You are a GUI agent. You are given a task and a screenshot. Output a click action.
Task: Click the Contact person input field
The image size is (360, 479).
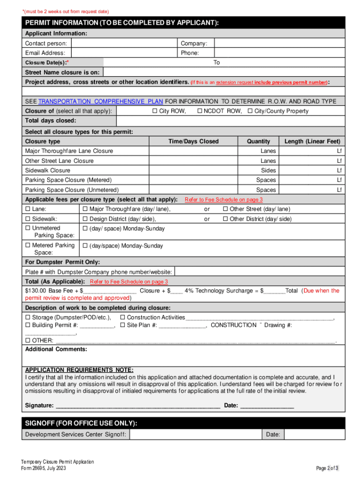125,43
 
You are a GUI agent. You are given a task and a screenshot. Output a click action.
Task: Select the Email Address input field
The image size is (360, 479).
125,53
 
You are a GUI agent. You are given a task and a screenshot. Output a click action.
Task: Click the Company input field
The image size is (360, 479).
280,43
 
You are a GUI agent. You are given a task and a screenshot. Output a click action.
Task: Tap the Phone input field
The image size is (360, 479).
280,53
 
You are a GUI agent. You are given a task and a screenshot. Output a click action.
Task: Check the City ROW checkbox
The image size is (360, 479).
154,111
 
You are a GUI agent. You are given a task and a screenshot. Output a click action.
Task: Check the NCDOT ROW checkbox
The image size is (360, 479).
199,111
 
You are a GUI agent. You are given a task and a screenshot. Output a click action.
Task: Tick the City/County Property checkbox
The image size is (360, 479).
250,111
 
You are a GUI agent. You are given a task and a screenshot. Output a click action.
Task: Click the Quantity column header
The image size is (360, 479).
259,141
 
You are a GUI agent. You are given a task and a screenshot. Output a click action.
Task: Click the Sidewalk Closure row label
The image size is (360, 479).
48,170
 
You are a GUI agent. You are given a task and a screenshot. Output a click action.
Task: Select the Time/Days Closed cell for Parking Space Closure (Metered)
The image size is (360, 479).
194,180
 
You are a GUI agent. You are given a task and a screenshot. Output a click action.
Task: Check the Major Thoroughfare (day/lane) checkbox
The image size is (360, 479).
85,209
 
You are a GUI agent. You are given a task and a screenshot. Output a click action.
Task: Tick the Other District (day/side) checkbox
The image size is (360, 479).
225,219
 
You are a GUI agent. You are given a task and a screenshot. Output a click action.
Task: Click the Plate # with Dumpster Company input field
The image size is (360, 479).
259,272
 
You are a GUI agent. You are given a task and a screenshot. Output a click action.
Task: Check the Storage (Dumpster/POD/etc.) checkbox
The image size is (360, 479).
28,318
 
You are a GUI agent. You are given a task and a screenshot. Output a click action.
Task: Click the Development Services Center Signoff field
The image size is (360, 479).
195,435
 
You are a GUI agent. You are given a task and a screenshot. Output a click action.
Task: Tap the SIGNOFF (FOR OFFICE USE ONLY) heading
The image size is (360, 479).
81,423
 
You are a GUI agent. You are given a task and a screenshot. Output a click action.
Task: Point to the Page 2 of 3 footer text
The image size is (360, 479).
327,468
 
